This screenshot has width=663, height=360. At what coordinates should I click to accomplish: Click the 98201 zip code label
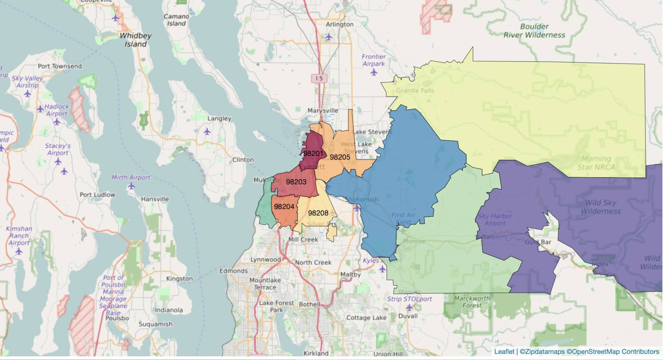(x=313, y=153)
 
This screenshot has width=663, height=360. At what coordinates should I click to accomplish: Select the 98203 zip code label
(x=296, y=182)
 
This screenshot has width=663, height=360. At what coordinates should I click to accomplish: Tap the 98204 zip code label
(x=284, y=207)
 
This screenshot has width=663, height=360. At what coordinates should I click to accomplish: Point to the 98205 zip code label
(x=340, y=157)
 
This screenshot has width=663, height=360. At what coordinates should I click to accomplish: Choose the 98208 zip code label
(x=318, y=213)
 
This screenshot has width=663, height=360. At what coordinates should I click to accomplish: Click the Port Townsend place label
(x=60, y=66)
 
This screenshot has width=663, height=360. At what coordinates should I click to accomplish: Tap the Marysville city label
(x=323, y=111)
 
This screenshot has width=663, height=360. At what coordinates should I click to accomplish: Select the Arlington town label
(x=339, y=25)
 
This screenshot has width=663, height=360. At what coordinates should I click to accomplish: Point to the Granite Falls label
(x=415, y=91)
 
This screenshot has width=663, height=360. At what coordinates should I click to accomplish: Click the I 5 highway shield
(x=319, y=78)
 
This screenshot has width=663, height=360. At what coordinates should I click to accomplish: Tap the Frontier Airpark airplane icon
(x=374, y=73)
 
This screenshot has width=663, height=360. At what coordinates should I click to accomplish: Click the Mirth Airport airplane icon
(x=131, y=186)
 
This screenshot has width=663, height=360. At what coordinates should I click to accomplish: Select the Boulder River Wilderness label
(x=534, y=31)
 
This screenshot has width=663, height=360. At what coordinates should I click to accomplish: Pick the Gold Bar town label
(x=538, y=242)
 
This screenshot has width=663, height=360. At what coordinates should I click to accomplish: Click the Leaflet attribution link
(x=504, y=352)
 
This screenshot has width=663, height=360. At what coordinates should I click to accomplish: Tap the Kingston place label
(x=179, y=278)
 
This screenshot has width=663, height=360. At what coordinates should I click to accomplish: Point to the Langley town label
(x=219, y=119)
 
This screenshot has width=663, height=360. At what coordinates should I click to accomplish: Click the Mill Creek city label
(x=303, y=239)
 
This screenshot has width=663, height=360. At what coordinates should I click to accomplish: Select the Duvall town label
(x=408, y=316)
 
